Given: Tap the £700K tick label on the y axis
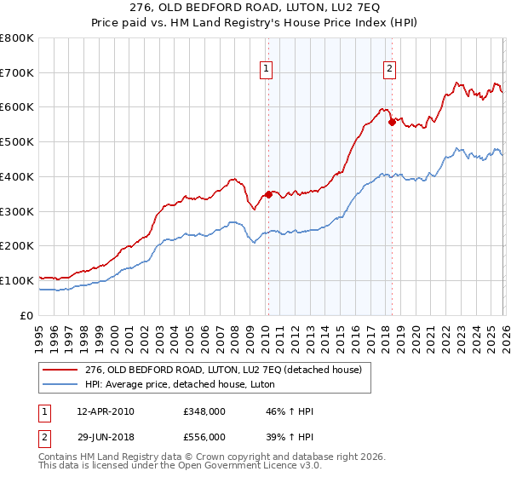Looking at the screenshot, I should (17, 72).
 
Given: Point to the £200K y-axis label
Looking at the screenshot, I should (17, 245).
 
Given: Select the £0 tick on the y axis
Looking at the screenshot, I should (27, 315).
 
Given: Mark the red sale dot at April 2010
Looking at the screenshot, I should (268, 194).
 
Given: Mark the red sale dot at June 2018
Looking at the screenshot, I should (392, 122).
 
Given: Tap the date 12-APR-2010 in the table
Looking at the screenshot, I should (105, 411).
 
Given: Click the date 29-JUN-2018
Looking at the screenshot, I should (105, 436).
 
